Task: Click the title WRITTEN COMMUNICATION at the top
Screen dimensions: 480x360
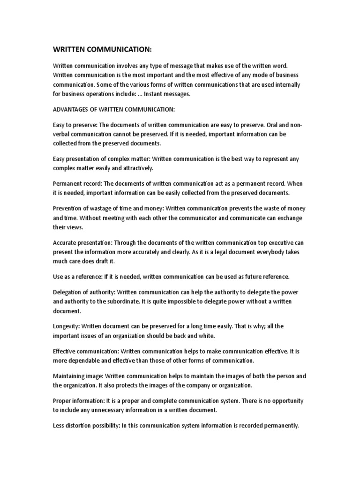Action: click(x=102, y=50)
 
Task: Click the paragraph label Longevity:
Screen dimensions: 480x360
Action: click(x=68, y=326)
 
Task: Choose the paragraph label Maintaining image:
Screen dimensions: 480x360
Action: click(x=78, y=376)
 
